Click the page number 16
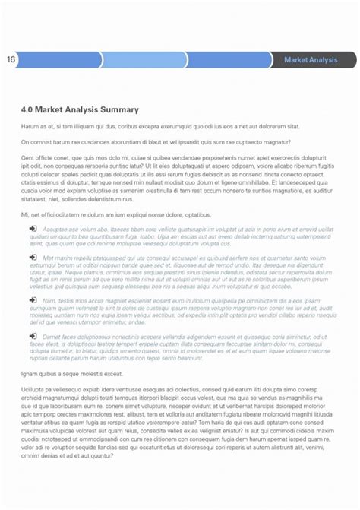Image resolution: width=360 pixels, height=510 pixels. tap(11, 59)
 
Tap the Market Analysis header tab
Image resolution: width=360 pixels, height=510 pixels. tap(311, 59)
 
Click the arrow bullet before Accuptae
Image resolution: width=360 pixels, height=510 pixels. tap(33, 228)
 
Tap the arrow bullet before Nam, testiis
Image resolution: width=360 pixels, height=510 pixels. tap(33, 301)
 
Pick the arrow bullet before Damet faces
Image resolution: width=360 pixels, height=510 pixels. tap(33, 337)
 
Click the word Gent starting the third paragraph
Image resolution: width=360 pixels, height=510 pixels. tap(28, 158)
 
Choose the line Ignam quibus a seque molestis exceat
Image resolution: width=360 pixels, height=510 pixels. tap(71, 374)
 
